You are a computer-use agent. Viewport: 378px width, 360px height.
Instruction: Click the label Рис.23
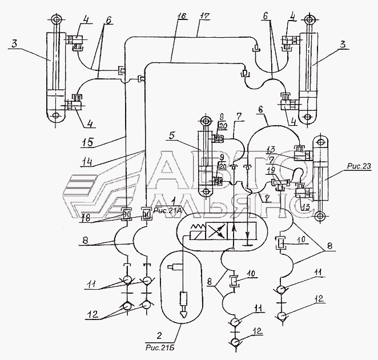359,167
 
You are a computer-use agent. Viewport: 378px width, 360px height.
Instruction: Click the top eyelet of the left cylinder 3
56,20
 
